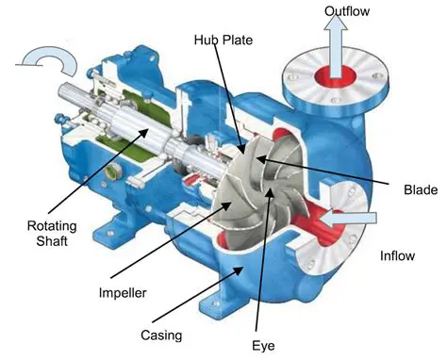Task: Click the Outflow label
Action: (347, 12)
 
